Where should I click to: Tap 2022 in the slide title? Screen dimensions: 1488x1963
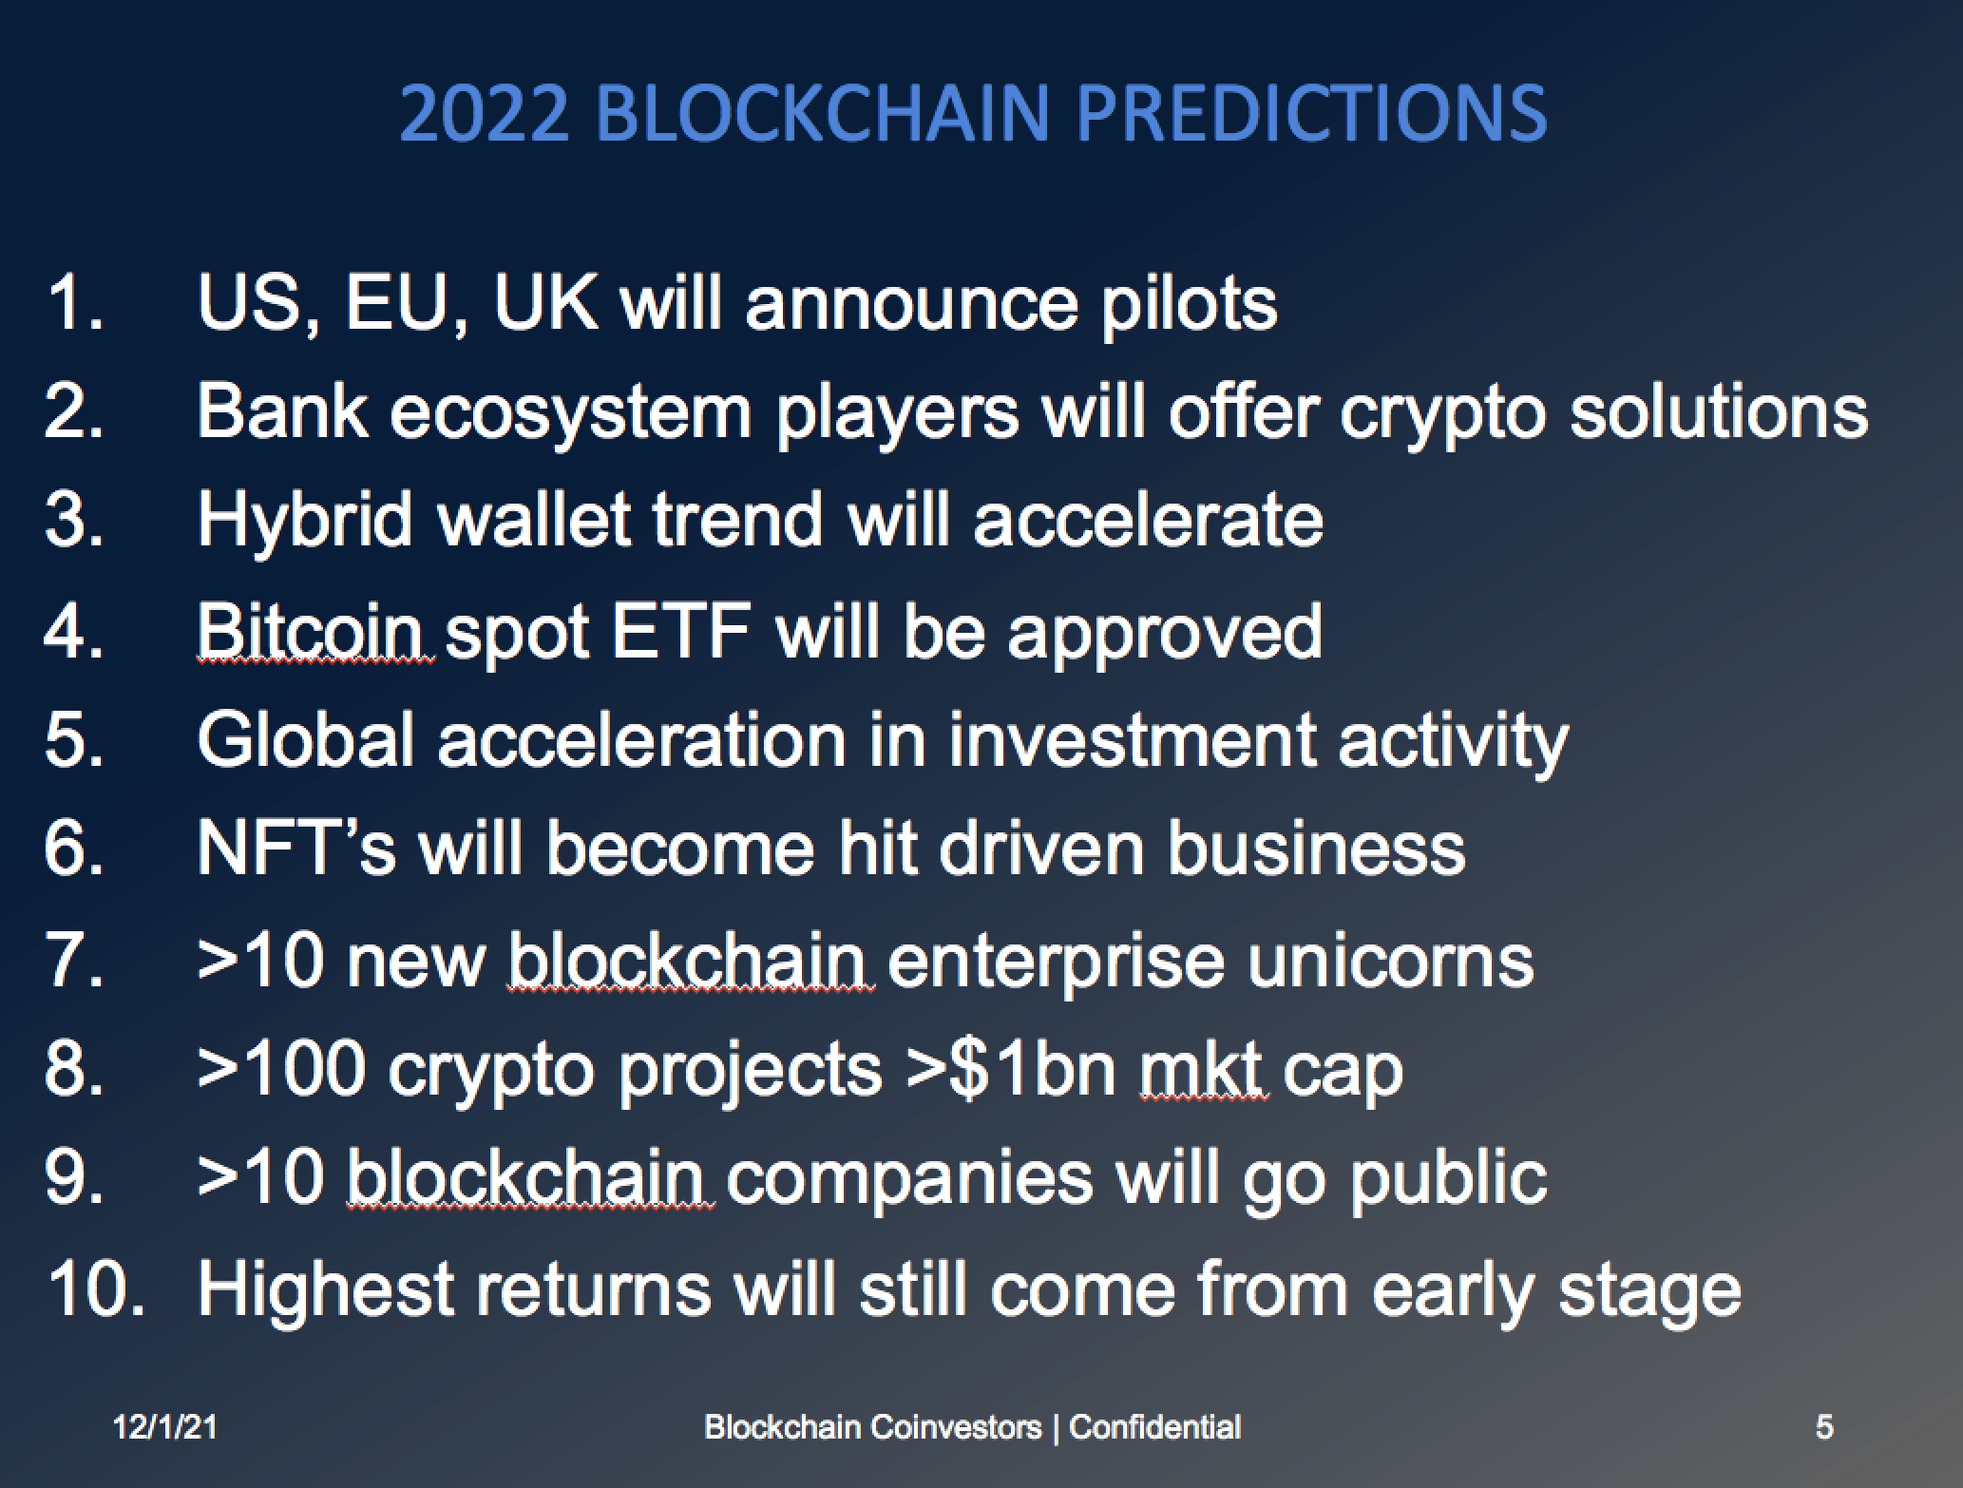point(485,114)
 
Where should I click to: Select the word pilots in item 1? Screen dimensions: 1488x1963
point(1190,306)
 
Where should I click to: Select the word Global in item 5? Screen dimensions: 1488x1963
point(305,740)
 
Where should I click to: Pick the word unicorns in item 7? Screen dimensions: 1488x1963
point(1390,960)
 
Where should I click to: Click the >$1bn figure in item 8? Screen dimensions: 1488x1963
point(1011,1069)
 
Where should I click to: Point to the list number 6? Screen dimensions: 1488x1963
point(73,849)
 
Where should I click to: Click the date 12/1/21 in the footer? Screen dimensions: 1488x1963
point(165,1426)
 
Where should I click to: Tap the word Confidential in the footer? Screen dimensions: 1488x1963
point(1154,1426)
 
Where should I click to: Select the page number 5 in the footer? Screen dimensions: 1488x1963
point(1824,1426)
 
